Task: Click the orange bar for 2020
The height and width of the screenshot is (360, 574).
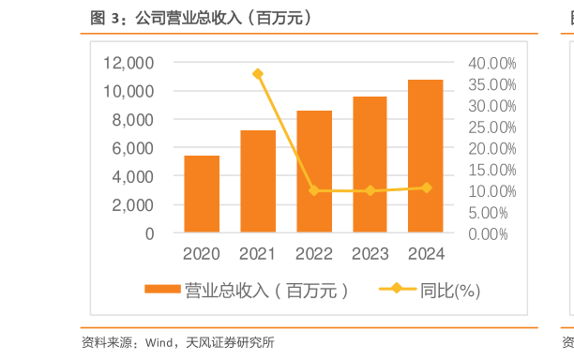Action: pyautogui.click(x=202, y=194)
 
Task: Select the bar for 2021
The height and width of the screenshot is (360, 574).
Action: pyautogui.click(x=258, y=181)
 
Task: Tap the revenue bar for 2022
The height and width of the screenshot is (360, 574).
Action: pyautogui.click(x=314, y=172)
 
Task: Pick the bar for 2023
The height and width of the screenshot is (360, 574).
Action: pyautogui.click(x=370, y=164)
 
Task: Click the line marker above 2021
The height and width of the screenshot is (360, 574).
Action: pyautogui.click(x=258, y=74)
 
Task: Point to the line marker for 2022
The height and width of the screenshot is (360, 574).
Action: pyautogui.click(x=314, y=190)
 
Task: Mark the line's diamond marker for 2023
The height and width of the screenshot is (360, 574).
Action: pyautogui.click(x=370, y=190)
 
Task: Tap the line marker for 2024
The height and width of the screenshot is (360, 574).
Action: pyautogui.click(x=426, y=187)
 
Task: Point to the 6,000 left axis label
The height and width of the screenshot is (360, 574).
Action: pyautogui.click(x=133, y=148)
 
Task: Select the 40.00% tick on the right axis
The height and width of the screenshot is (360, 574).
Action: pyautogui.click(x=491, y=63)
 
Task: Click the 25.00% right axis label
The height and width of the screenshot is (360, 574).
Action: pyautogui.click(x=491, y=127)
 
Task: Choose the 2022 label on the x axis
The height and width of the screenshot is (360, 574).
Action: pyautogui.click(x=314, y=253)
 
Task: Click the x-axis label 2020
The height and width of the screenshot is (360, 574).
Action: pyautogui.click(x=202, y=253)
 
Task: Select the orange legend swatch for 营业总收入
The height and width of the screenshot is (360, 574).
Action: pyautogui.click(x=163, y=290)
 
